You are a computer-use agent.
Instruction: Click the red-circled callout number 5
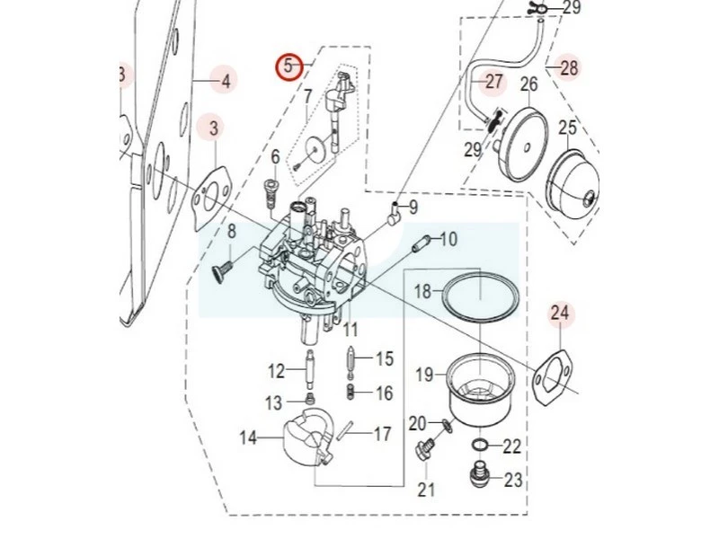288,66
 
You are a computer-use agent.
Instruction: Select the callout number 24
560,314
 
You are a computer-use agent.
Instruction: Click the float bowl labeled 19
480,389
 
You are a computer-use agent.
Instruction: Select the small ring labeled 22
481,446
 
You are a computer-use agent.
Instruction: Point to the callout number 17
382,434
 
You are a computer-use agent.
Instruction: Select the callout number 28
569,66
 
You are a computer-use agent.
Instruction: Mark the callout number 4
225,82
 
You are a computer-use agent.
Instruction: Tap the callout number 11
350,330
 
